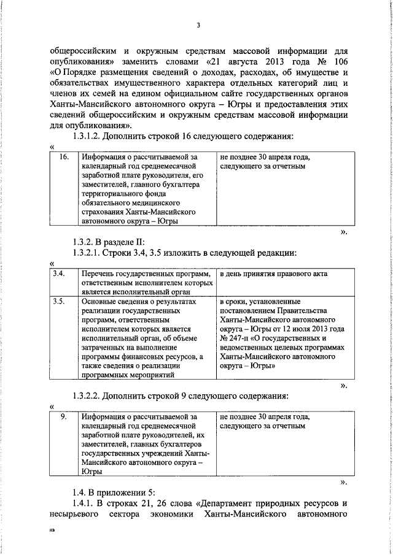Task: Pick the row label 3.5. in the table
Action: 59,302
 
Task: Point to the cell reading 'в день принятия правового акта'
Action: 273,274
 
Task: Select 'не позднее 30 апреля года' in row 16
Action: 265,158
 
